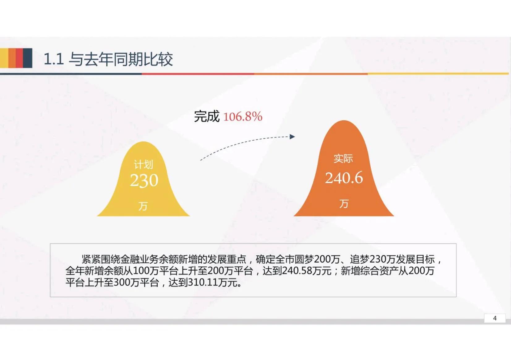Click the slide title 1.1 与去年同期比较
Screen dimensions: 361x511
click(x=108, y=59)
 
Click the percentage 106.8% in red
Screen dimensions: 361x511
click(x=243, y=117)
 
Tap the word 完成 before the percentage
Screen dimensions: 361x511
click(x=207, y=117)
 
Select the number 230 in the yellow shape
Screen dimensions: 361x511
click(x=144, y=180)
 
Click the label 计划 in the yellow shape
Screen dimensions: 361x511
click(x=143, y=164)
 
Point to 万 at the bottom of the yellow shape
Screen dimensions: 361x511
click(x=143, y=206)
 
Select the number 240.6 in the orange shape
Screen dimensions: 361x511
click(x=344, y=178)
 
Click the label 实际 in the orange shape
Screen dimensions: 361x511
click(x=343, y=159)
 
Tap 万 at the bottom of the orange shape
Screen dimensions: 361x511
click(x=344, y=204)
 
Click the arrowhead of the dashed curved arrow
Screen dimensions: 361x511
click(x=292, y=137)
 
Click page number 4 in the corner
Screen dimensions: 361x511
click(x=495, y=318)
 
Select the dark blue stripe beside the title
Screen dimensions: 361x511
click(x=28, y=58)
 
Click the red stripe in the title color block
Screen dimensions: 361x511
click(x=19, y=58)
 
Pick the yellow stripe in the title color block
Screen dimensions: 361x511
click(x=4, y=58)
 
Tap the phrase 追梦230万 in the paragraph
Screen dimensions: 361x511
click(x=373, y=259)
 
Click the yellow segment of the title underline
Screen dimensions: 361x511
click(x=438, y=74)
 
